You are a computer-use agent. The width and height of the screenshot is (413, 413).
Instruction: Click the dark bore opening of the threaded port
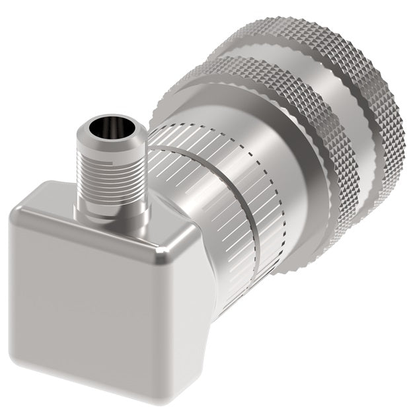tap(108, 125)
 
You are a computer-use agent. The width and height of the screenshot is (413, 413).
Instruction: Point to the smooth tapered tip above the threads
tap(109, 141)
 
